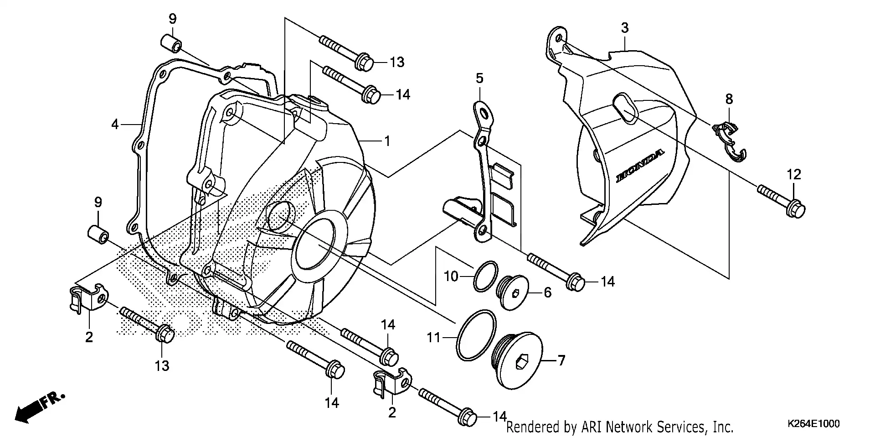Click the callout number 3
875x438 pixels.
(x=624, y=28)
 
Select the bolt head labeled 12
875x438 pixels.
(x=795, y=209)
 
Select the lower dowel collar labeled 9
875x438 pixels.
(x=98, y=232)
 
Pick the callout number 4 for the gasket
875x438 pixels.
(x=115, y=124)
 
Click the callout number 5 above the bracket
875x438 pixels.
(x=479, y=78)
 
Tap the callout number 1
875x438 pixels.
(x=387, y=141)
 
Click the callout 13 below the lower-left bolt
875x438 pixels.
(x=162, y=365)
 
